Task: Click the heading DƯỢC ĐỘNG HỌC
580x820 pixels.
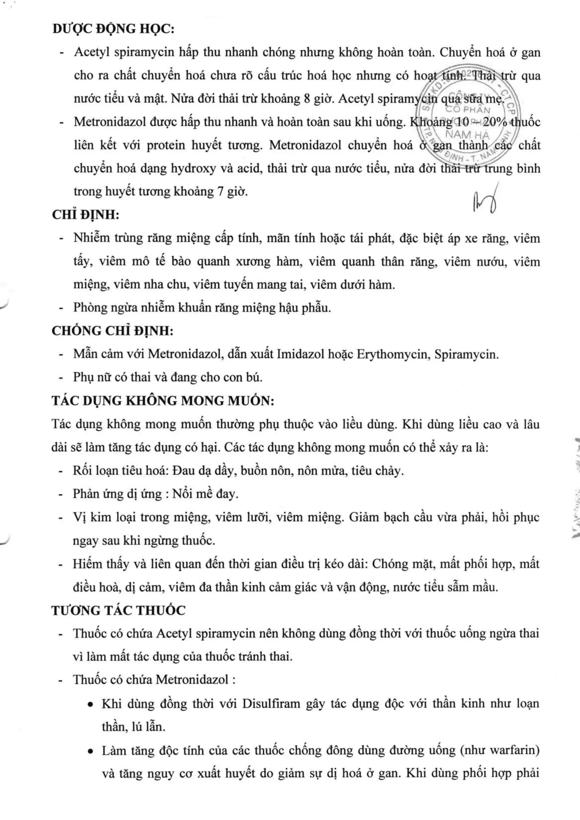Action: click(x=113, y=29)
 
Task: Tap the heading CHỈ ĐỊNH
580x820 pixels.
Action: click(x=86, y=215)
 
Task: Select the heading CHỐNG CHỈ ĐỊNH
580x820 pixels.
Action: click(x=112, y=331)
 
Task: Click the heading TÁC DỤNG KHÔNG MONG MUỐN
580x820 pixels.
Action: click(x=163, y=401)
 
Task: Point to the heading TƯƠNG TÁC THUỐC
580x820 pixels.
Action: click(x=118, y=611)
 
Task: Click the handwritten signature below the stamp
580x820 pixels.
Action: click(x=485, y=201)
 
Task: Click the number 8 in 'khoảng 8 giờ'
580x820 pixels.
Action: click(x=307, y=98)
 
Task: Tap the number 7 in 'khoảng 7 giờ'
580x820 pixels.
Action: click(x=220, y=192)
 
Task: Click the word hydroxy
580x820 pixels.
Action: click(x=193, y=168)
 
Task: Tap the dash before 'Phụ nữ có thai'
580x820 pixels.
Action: click(x=61, y=378)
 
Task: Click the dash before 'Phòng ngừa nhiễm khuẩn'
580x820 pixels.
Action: click(x=61, y=308)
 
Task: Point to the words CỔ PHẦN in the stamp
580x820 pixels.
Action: click(x=468, y=110)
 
